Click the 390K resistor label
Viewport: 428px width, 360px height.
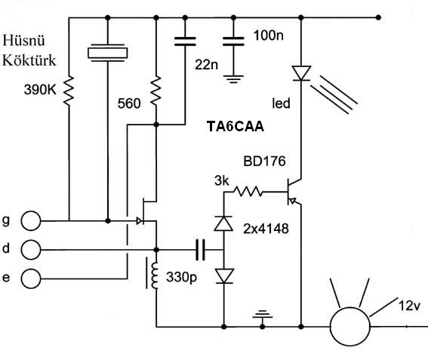coord(40,90)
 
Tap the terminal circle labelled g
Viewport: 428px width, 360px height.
coord(31,221)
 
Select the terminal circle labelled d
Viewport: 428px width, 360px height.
coord(31,250)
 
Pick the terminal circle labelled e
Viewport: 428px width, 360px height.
coord(31,278)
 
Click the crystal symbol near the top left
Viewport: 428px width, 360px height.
coord(108,53)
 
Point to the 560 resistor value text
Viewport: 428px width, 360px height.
coord(129,103)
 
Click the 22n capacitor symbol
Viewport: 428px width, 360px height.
coord(185,42)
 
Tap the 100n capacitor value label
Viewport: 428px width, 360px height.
coord(269,35)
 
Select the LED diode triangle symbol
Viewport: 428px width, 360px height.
coord(301,73)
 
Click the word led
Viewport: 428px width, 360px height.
coord(281,103)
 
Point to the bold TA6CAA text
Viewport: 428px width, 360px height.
coord(236,126)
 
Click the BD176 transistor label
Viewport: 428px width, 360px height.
coord(264,161)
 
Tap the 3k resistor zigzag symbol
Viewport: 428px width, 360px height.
coord(248,192)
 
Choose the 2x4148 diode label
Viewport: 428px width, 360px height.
coord(266,229)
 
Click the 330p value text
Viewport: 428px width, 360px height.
coord(181,277)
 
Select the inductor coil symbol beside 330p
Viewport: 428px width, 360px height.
coord(155,275)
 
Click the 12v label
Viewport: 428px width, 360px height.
coord(409,306)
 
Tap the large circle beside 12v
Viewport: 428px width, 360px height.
coord(350,327)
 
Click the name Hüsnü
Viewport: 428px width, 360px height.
coord(23,41)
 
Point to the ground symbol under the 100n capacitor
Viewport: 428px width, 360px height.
coord(233,78)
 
